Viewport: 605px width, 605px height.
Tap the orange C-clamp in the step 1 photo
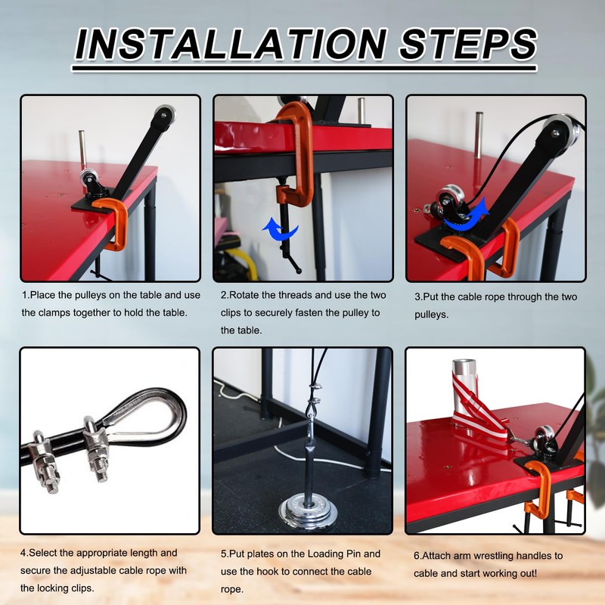point(113,224)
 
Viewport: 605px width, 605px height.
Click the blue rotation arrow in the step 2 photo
point(281,230)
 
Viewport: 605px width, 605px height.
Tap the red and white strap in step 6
point(476,409)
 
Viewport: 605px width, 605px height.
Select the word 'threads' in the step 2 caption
point(296,295)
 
